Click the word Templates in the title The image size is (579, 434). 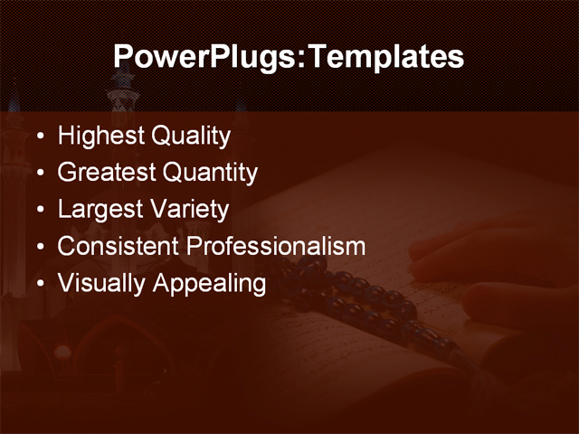coord(386,58)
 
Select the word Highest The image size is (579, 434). coord(100,137)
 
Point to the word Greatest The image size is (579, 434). coord(106,173)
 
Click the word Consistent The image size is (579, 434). coord(118,246)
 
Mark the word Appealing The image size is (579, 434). coord(209,284)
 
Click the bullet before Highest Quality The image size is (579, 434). coord(39,138)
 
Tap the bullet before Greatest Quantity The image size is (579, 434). coord(39,174)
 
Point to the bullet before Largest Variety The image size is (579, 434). coord(39,211)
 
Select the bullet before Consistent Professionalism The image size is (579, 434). coord(39,247)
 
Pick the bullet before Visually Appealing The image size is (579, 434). coord(39,284)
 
